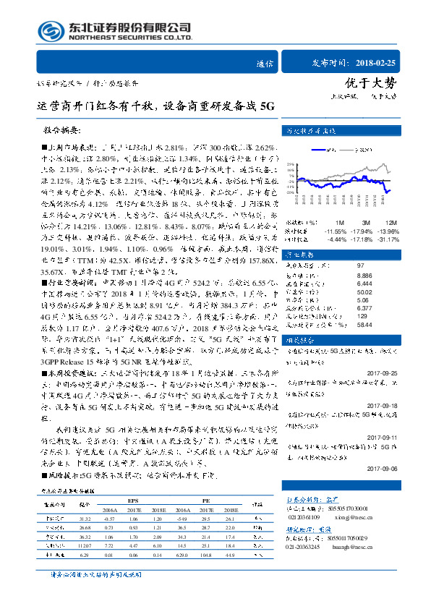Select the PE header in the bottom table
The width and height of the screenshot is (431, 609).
tap(206, 499)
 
